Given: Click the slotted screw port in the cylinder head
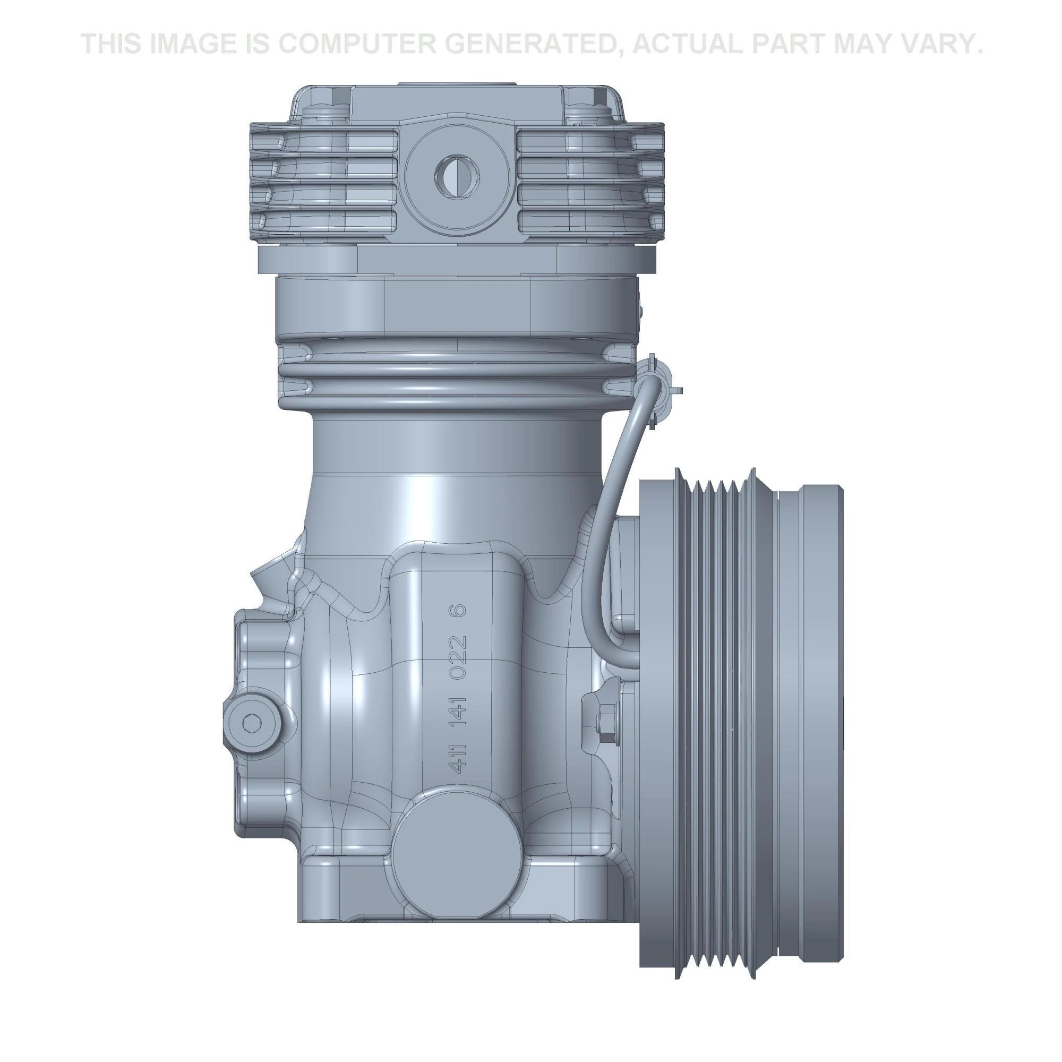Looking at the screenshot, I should coord(456,175).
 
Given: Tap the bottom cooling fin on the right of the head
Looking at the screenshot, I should coord(588,221).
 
